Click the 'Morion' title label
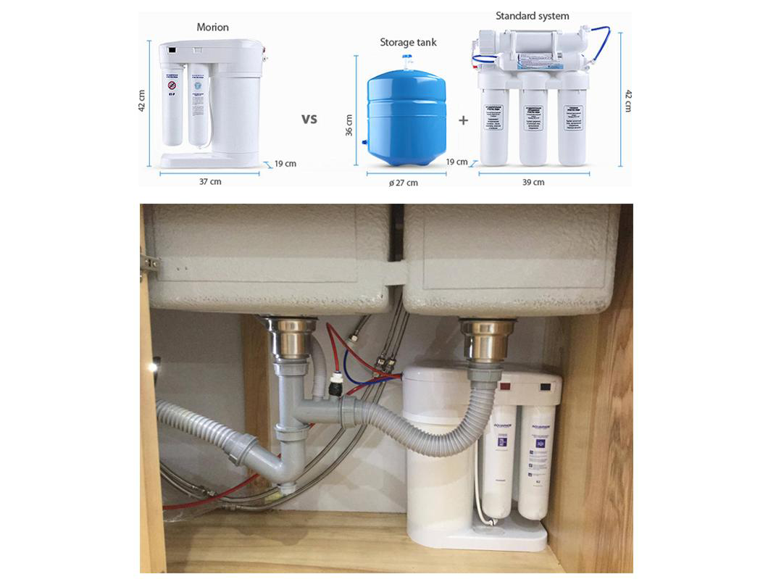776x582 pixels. pyautogui.click(x=212, y=28)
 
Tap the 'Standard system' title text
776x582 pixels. pyautogui.click(x=532, y=16)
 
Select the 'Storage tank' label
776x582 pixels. pyautogui.click(x=408, y=43)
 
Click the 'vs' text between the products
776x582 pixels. pyautogui.click(x=309, y=119)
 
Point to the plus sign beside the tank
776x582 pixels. pyautogui.click(x=463, y=121)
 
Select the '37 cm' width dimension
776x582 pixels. pyautogui.click(x=210, y=182)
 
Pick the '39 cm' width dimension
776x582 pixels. pyautogui.click(x=533, y=183)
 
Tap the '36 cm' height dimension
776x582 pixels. pyautogui.click(x=349, y=125)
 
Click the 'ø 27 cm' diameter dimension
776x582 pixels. pyautogui.click(x=404, y=183)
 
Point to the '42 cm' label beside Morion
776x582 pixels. pyautogui.click(x=142, y=101)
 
